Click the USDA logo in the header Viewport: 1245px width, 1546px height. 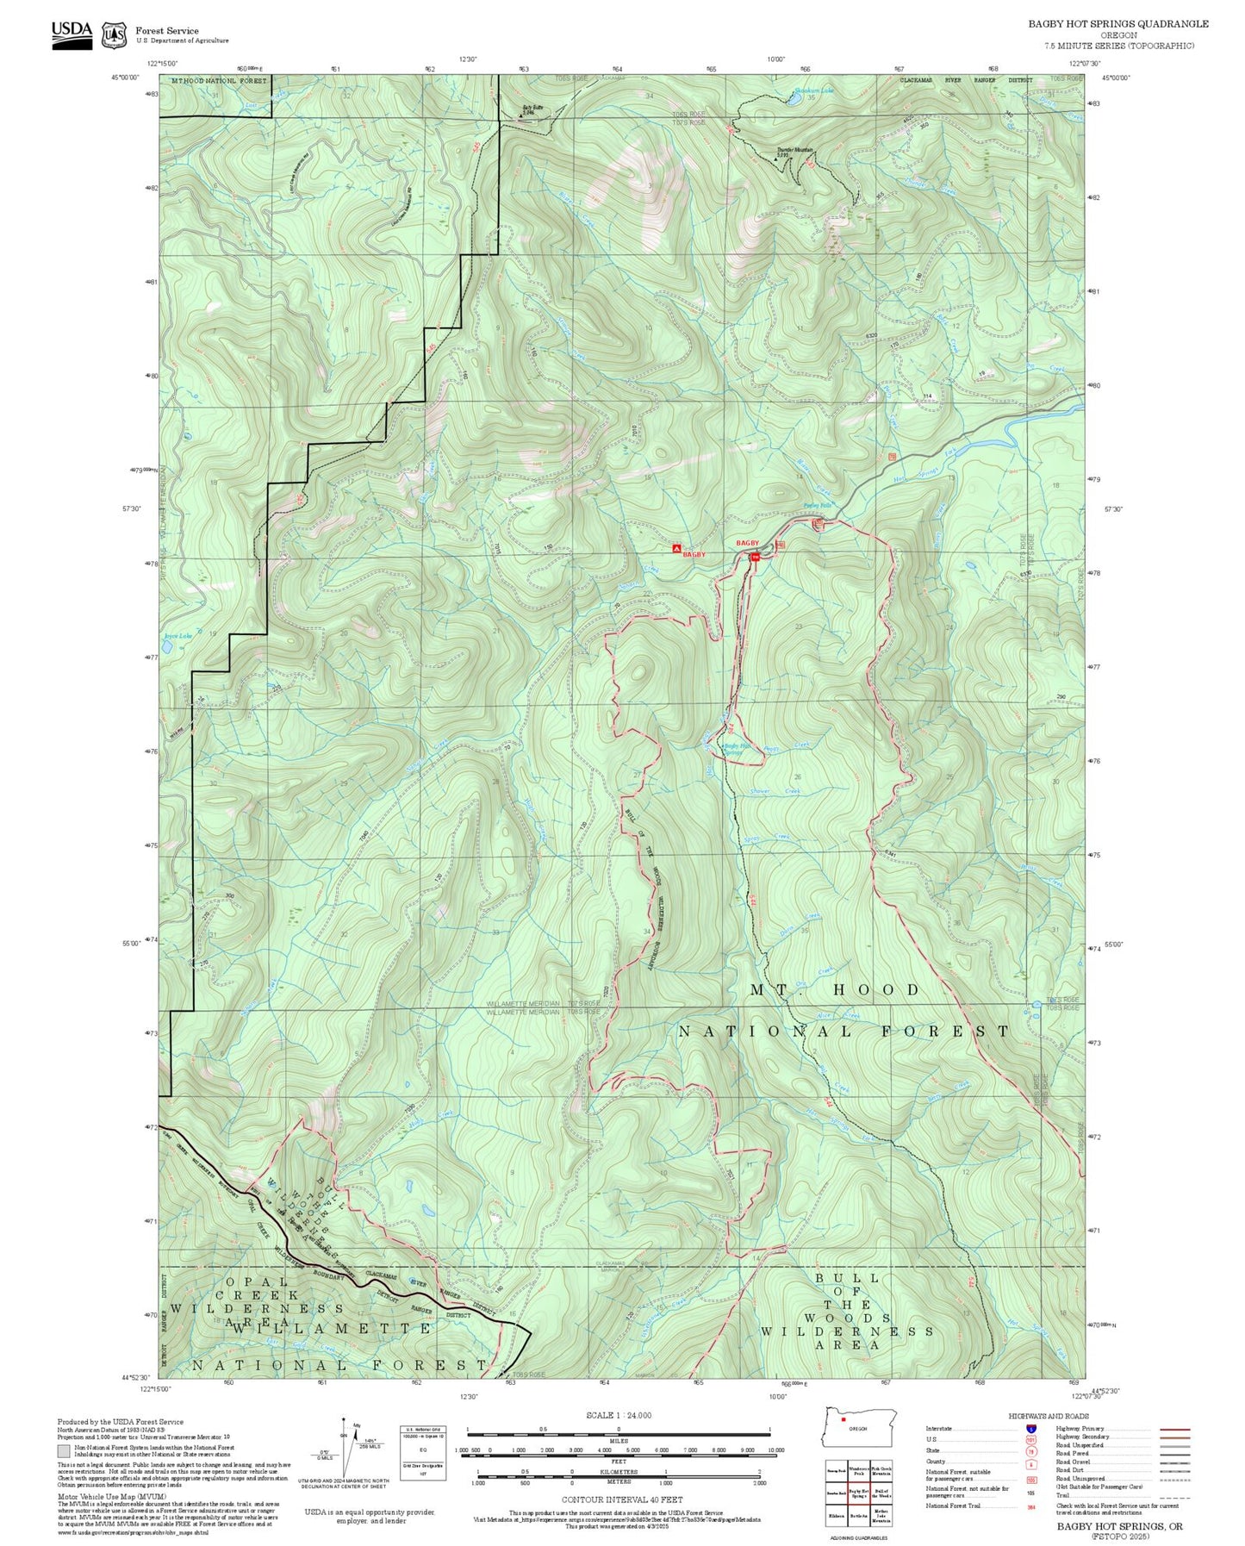[x=72, y=34]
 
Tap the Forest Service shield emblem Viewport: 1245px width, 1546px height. [x=114, y=34]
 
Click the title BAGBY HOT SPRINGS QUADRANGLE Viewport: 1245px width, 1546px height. [x=1117, y=24]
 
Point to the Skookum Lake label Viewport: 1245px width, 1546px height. [x=814, y=90]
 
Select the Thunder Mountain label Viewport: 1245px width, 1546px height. [x=794, y=151]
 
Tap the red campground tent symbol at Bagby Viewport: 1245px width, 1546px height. [x=676, y=548]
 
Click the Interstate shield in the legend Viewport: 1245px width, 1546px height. [x=1031, y=1429]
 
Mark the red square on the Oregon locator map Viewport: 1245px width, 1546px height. [x=843, y=1419]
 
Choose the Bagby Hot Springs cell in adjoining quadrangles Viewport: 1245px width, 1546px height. [x=858, y=1493]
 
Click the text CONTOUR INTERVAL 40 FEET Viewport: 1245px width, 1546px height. [x=622, y=1500]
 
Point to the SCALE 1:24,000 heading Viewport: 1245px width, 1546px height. [x=619, y=1415]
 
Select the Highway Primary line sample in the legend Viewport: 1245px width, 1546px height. [x=1175, y=1429]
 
